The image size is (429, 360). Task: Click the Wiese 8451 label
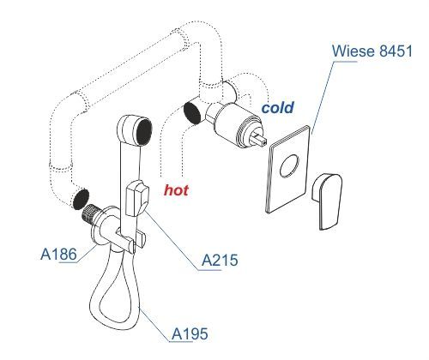point(372,51)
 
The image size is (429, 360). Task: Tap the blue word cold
point(277,108)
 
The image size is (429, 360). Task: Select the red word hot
point(176,190)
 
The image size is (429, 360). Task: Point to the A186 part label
point(59,254)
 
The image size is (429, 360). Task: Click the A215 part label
point(220,261)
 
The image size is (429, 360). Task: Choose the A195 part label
point(190,333)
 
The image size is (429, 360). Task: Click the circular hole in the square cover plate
point(289,165)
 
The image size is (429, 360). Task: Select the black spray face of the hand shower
point(144,131)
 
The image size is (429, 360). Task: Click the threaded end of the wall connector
point(90,213)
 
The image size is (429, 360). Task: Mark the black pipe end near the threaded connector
point(81,199)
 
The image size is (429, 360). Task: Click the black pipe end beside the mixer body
point(191,113)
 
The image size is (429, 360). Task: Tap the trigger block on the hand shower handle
point(136,198)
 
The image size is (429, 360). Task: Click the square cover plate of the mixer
point(288,169)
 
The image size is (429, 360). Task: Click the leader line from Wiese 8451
point(323,98)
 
